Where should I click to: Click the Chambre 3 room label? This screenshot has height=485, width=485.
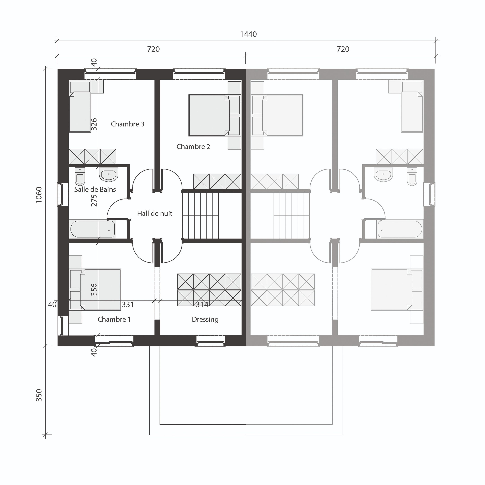[127, 124]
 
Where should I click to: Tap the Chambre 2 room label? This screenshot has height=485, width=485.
[193, 147]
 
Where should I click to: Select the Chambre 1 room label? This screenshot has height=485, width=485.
[114, 319]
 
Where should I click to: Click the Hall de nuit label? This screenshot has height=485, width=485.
[155, 213]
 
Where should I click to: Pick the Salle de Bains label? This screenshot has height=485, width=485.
[95, 189]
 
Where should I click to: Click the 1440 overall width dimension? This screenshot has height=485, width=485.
[248, 34]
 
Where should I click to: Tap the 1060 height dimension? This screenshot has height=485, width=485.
[39, 195]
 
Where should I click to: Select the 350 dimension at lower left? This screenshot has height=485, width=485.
[39, 395]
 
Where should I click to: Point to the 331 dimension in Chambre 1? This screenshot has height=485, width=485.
[128, 305]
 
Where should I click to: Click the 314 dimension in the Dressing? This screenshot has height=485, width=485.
[202, 305]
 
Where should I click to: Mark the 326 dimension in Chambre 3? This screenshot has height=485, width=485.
[94, 124]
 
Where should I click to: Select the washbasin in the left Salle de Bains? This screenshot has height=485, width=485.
[108, 174]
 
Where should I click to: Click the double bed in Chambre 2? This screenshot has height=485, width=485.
[209, 115]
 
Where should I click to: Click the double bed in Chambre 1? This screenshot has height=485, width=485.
[100, 290]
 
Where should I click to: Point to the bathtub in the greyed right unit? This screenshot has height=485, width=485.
[400, 229]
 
